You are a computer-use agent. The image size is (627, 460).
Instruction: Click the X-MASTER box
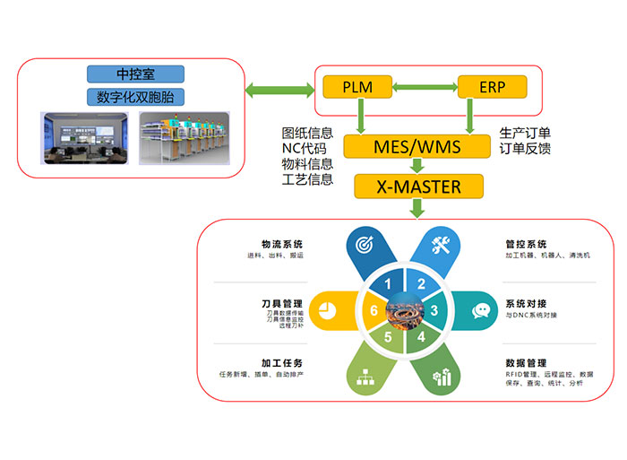tap(418, 187)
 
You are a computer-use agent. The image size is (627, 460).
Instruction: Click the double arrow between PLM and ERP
tap(424, 87)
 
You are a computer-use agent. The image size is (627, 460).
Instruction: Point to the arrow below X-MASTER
tap(418, 209)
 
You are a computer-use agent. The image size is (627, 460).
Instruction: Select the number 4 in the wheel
tap(420, 339)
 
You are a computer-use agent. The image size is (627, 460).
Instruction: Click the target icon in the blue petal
tap(365, 245)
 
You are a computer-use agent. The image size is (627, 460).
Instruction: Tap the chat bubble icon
tap(482, 311)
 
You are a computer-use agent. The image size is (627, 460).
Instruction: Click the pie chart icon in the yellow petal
tap(325, 310)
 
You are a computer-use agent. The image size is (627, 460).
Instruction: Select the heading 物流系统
tap(281, 244)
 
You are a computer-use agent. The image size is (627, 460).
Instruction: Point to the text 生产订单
tap(525, 133)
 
